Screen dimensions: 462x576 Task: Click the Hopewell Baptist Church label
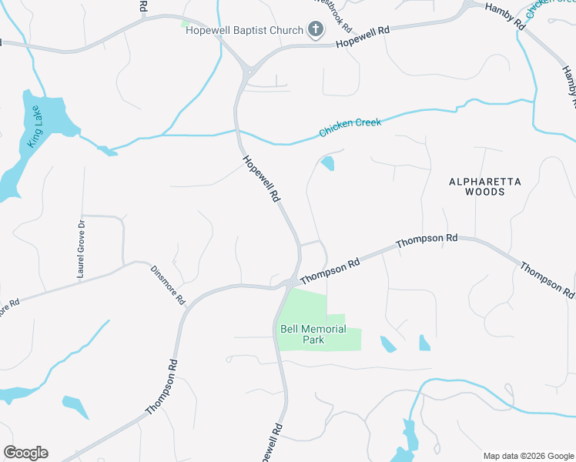244,31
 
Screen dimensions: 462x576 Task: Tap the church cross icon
315,30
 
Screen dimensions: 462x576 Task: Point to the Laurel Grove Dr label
79,247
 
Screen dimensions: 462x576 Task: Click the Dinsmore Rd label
169,283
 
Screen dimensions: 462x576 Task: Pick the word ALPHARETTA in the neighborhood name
485,182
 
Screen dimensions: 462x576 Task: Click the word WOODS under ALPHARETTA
485,192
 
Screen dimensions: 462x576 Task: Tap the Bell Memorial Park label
313,334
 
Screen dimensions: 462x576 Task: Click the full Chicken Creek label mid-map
350,127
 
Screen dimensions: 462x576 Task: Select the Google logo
25,453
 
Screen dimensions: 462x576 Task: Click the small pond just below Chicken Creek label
327,163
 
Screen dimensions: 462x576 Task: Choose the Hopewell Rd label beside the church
364,37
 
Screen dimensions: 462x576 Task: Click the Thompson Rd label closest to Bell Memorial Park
330,270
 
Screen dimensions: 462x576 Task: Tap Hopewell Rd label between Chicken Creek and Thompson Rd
262,179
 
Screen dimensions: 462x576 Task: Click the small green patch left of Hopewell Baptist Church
185,24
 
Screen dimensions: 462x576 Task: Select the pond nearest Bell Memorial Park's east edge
387,344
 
